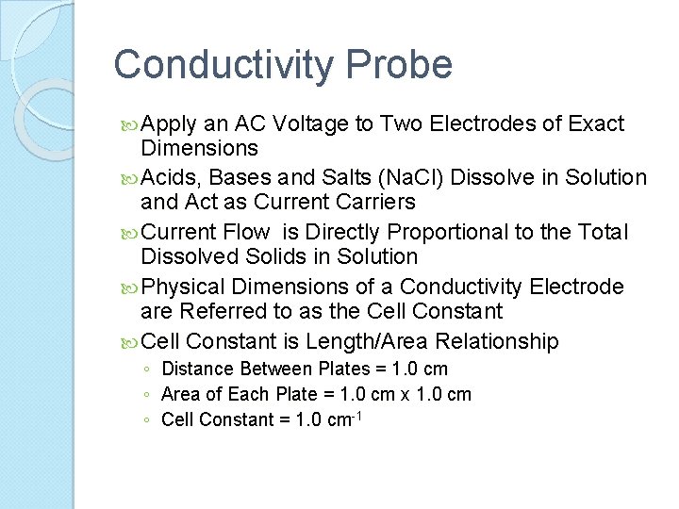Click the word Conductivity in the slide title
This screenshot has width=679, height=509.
pyautogui.click(x=224, y=65)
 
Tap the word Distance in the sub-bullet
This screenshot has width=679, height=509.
pyautogui.click(x=199, y=369)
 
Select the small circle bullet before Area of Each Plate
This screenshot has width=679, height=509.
pyautogui.click(x=147, y=395)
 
